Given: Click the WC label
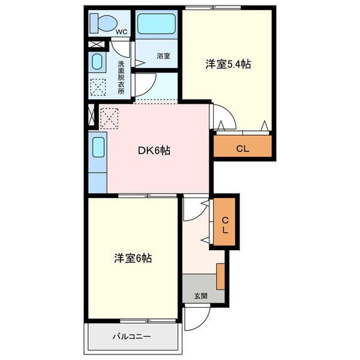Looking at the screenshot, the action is click(x=121, y=32).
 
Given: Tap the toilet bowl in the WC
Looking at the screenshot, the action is click(x=107, y=23).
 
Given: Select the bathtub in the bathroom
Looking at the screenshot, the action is click(x=157, y=24).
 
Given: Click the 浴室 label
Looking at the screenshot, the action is click(x=163, y=56).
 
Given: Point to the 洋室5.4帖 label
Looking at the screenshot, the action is click(x=228, y=64).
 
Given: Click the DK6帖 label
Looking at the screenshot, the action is click(x=154, y=151).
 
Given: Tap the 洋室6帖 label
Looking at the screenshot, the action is click(x=133, y=258).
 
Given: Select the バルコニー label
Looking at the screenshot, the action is click(x=131, y=337).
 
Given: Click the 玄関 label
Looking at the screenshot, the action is click(x=201, y=296).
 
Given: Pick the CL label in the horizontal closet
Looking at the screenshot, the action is click(x=242, y=149).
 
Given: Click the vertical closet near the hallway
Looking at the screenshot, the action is click(x=224, y=221).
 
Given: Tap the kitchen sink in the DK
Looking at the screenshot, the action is click(x=98, y=147).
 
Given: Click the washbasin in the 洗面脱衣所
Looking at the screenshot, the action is click(x=97, y=62).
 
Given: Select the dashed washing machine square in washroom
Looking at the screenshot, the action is click(x=98, y=87).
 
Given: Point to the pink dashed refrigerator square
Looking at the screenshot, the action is click(x=109, y=118).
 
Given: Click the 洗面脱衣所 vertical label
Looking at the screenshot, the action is click(x=121, y=77).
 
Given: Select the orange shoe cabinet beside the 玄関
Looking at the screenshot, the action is click(x=221, y=277).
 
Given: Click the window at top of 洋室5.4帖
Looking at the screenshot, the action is click(x=213, y=8).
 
